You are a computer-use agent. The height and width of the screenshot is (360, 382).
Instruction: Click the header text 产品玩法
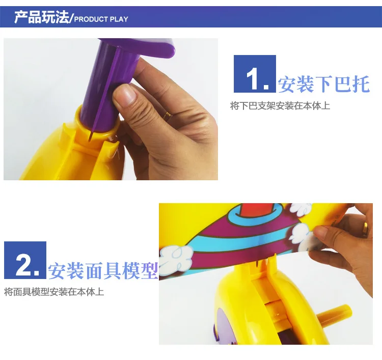tap(42, 17)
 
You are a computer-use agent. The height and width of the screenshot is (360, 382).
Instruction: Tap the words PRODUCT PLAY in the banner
tap(101, 19)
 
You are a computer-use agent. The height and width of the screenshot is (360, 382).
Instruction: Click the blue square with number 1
tap(255, 74)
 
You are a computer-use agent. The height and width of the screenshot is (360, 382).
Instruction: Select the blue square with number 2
tap(25, 260)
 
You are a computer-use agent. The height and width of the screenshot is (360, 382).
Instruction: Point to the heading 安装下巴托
tap(324, 84)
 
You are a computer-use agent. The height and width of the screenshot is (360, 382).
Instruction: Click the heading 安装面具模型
tap(103, 270)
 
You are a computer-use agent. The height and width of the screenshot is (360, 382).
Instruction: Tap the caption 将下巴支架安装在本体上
tap(280, 106)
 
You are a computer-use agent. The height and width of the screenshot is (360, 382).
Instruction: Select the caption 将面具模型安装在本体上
tap(54, 292)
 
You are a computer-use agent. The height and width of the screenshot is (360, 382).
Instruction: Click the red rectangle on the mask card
tap(256, 210)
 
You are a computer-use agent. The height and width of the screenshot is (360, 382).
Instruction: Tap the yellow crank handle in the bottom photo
tap(334, 314)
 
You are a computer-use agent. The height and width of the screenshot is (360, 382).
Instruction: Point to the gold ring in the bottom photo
tap(365, 229)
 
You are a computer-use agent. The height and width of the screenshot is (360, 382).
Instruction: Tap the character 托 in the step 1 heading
tap(362, 84)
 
